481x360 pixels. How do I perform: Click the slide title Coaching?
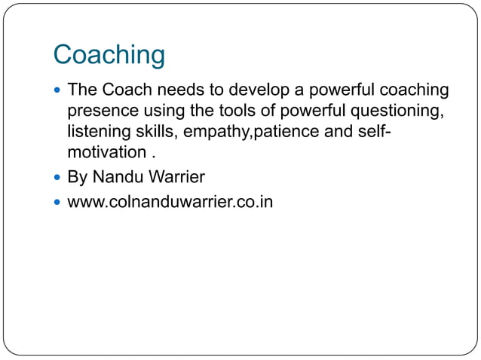109,56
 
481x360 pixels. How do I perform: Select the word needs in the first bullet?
178,91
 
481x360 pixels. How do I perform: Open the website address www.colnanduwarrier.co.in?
170,202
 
